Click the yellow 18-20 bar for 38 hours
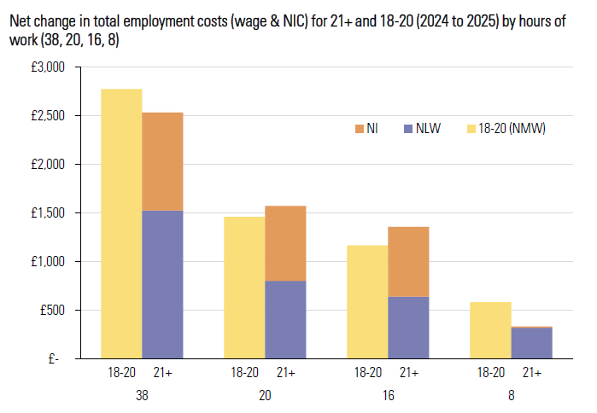(x=121, y=224)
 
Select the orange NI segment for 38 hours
(x=162, y=161)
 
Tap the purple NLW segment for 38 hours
(x=162, y=284)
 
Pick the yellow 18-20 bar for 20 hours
(x=244, y=288)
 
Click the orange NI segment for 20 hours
(x=285, y=243)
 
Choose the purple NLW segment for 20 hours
(x=285, y=319)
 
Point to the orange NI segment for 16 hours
(x=408, y=261)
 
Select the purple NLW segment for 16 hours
(x=408, y=327)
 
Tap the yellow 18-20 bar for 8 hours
(x=490, y=330)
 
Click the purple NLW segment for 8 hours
(x=531, y=343)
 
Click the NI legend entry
(x=366, y=129)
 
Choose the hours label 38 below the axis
(x=142, y=396)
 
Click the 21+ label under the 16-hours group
(x=408, y=372)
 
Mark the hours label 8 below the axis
(x=511, y=396)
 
